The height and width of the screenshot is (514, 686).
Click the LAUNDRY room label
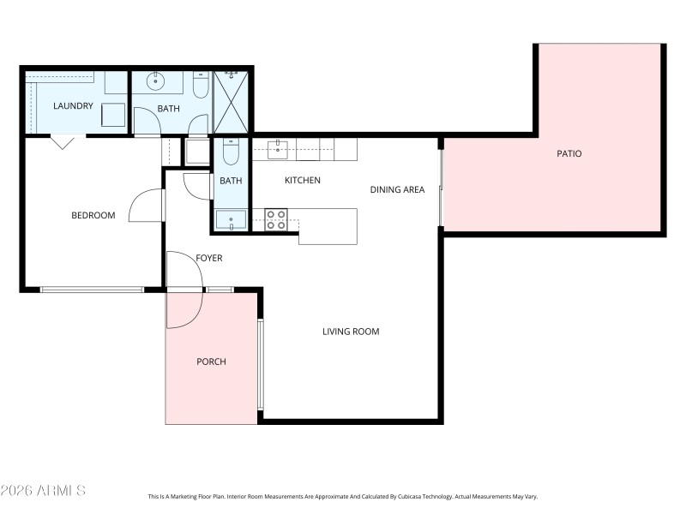73,106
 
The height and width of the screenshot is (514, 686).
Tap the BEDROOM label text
93,215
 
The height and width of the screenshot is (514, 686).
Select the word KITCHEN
303,181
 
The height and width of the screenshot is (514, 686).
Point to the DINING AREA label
397,189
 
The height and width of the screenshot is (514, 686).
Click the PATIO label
569,154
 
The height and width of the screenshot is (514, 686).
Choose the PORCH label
211,362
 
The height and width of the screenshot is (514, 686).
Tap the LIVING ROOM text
351,332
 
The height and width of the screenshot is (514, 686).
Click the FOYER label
209,258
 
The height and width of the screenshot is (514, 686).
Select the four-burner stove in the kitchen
275,220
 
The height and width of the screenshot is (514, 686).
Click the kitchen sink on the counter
278,151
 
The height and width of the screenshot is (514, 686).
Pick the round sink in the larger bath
156,82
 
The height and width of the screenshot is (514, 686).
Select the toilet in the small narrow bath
230,152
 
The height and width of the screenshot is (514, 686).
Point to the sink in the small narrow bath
230,221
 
